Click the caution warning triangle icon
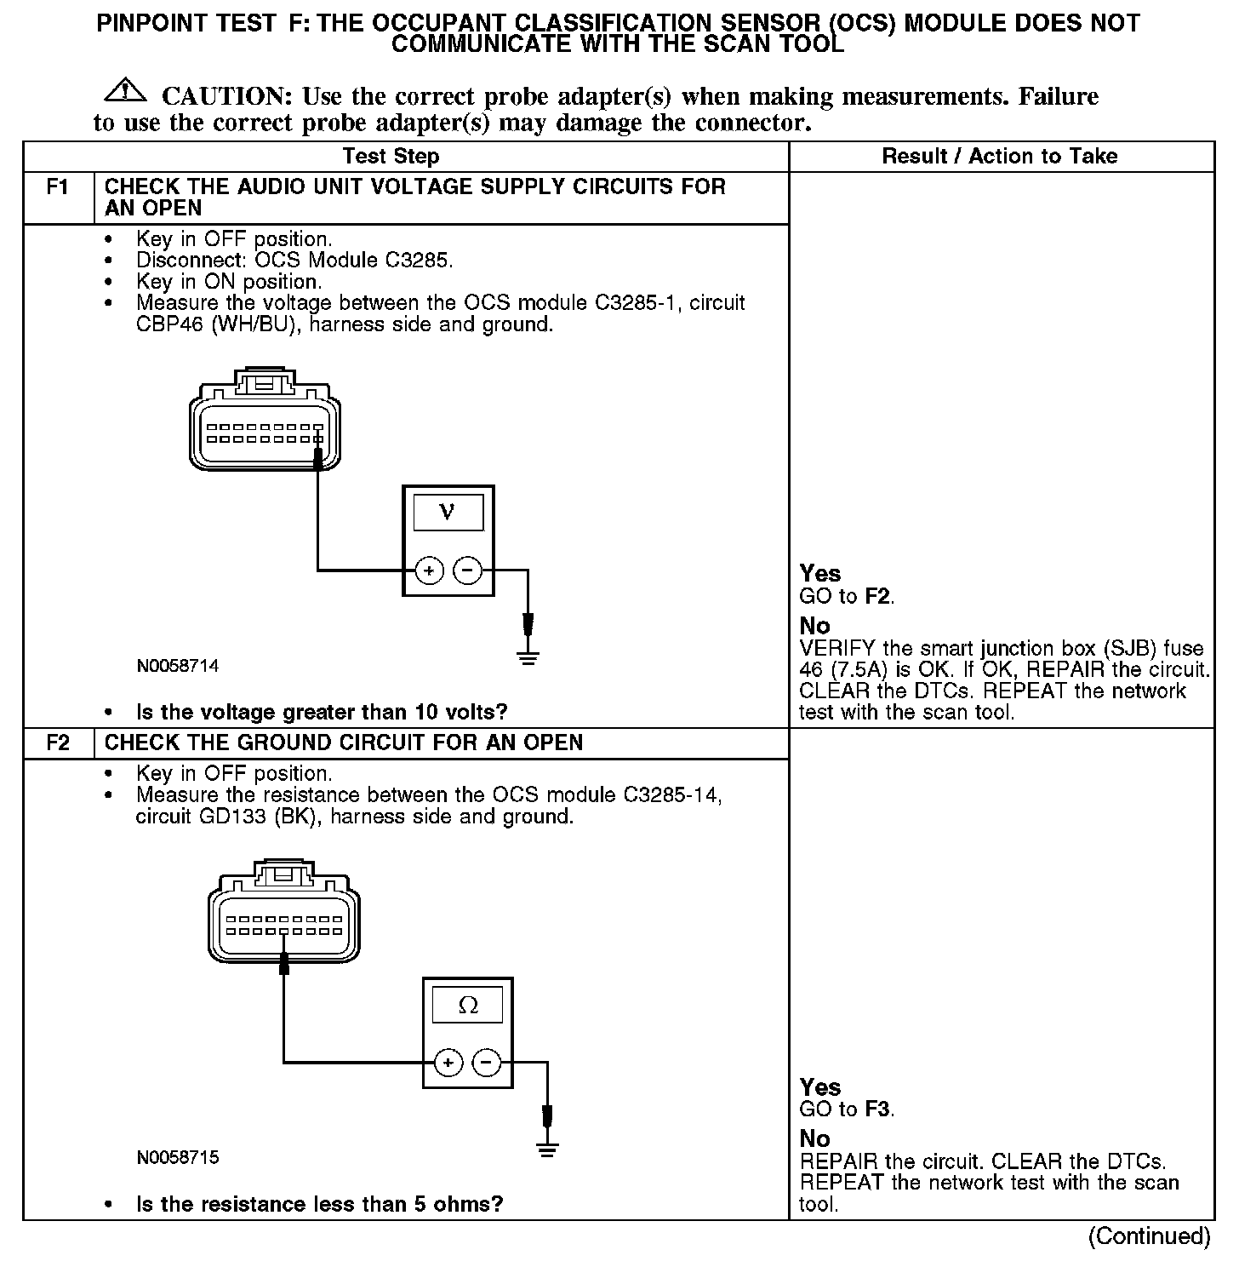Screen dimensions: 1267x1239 click(x=125, y=89)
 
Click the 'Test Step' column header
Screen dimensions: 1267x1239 click(x=391, y=157)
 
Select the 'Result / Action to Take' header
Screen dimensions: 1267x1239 click(x=999, y=157)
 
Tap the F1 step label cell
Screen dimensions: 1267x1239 click(x=57, y=187)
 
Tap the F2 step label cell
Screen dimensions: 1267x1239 click(x=57, y=742)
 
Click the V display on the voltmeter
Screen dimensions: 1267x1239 click(x=448, y=512)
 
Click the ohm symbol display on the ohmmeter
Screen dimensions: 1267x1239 click(x=467, y=1005)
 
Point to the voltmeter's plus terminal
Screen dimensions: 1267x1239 click(x=429, y=570)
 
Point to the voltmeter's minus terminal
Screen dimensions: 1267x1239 click(x=467, y=570)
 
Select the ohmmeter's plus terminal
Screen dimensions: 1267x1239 click(x=448, y=1062)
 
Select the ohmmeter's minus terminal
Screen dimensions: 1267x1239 click(x=487, y=1062)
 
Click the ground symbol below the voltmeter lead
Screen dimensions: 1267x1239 click(x=528, y=656)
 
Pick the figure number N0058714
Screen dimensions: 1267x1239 click(x=177, y=666)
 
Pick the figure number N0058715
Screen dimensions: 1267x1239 click(x=177, y=1157)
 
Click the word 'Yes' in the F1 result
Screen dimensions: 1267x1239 click(x=820, y=574)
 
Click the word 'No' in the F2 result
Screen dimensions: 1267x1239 click(x=814, y=1138)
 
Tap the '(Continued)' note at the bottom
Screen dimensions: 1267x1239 click(x=1149, y=1236)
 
